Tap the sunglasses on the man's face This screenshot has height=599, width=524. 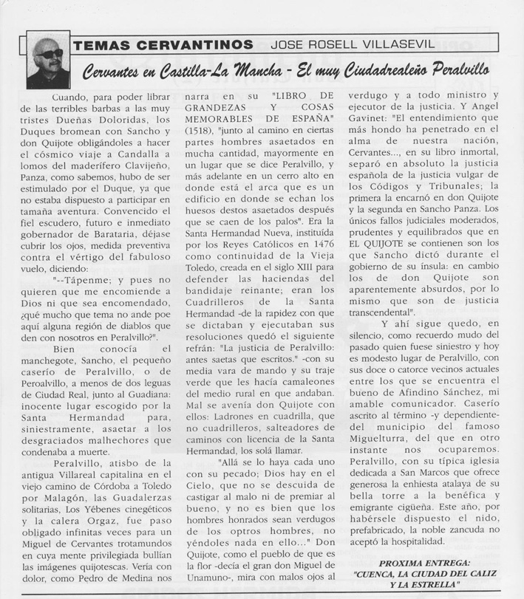click(50, 54)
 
